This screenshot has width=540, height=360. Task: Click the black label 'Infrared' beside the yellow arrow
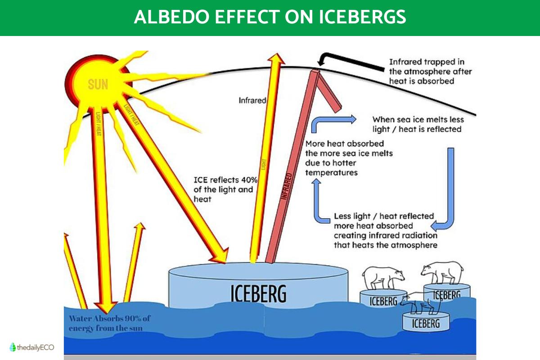click(252, 100)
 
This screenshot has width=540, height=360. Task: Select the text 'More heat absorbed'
click(344, 144)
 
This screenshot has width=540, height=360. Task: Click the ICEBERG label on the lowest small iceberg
click(425, 323)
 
